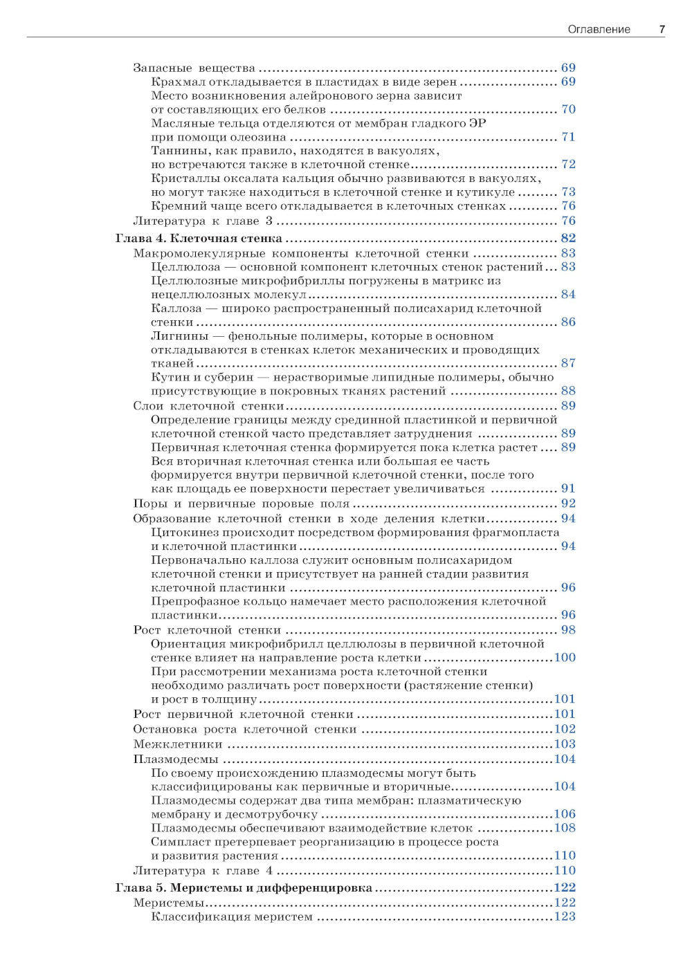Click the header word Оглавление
click(599, 29)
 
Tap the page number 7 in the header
click(662, 29)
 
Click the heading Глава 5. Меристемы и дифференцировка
click(244, 887)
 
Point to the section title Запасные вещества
click(194, 68)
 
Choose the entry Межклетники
click(178, 744)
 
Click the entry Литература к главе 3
click(203, 221)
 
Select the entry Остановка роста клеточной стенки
click(245, 729)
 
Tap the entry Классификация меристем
click(232, 917)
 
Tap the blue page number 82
click(568, 239)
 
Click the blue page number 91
click(568, 488)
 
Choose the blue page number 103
click(565, 744)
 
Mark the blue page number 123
click(565, 917)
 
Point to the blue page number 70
click(568, 109)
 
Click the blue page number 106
click(565, 814)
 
